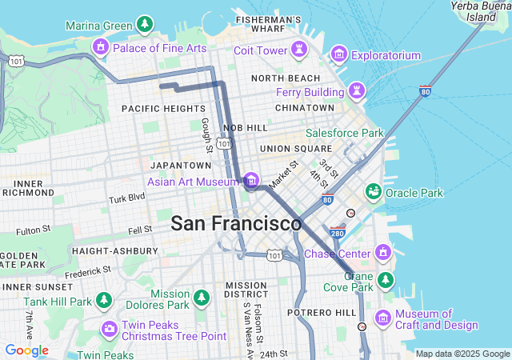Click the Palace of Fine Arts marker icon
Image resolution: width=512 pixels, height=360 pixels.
point(101,47)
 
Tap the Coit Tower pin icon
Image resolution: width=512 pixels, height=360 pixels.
point(299,50)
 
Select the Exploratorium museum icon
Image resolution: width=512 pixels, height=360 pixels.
point(339,54)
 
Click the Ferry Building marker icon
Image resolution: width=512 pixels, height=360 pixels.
point(357,91)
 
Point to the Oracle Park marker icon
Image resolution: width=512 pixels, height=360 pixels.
point(373,192)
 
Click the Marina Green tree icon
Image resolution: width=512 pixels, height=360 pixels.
point(144,25)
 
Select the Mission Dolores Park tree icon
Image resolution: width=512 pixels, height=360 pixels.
point(201,298)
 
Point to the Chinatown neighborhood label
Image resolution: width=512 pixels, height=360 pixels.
point(304,107)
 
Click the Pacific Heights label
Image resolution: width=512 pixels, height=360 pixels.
point(163,108)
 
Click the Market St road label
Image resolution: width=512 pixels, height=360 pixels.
point(283,174)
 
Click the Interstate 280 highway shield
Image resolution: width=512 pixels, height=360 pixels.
point(336,234)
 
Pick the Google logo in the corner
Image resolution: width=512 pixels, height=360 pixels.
point(26,350)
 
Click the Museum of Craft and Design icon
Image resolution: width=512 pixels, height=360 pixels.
point(383,318)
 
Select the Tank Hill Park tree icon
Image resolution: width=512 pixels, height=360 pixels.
point(103,301)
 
